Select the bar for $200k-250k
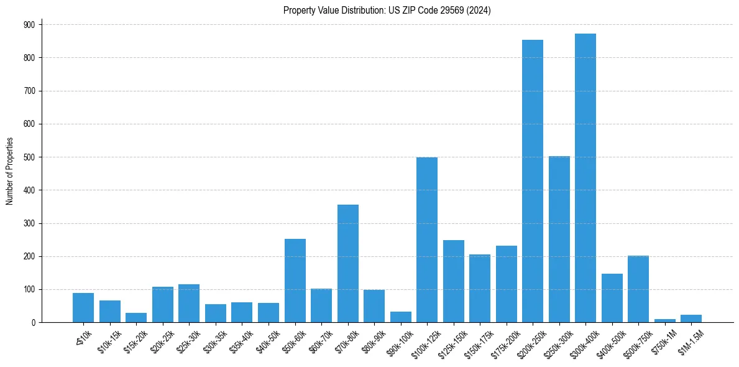[532, 181]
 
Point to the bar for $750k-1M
[664, 320]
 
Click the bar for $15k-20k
[136, 318]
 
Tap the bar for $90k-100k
[400, 317]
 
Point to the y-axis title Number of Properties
[10, 171]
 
